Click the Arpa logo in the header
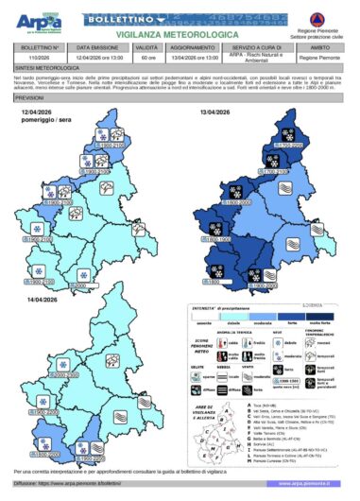pos(37,20)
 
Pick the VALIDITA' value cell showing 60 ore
pos(146,58)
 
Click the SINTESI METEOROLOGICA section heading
pos(47,68)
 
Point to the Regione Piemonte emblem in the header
pos(326,16)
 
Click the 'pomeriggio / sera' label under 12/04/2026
pos(44,120)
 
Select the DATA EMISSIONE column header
pos(97,45)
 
